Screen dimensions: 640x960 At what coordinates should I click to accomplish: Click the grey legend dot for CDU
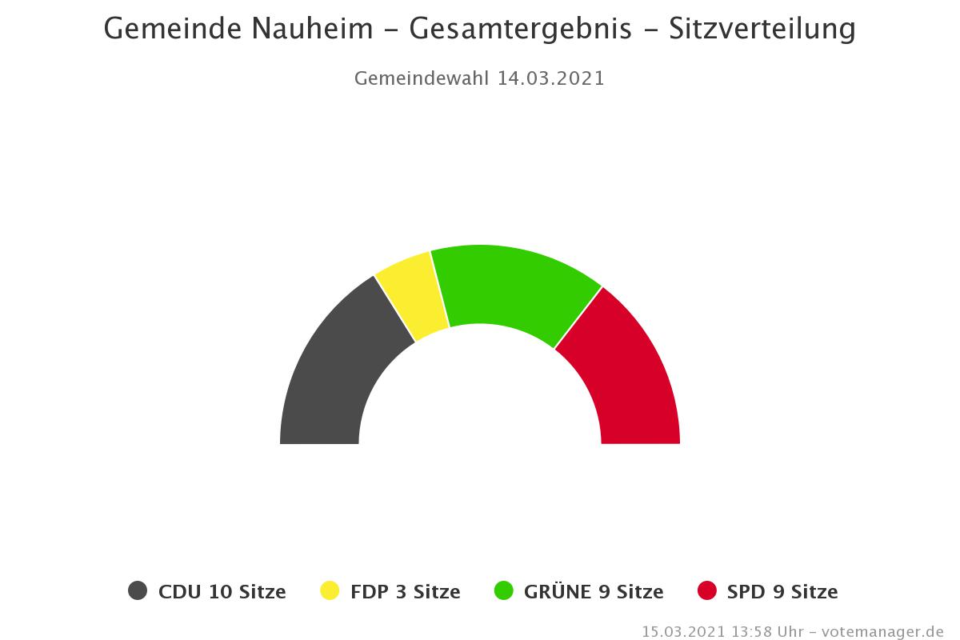[138, 591]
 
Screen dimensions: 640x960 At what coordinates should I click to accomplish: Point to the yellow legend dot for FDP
[330, 591]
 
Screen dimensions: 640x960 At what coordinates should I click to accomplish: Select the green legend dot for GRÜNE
[504, 591]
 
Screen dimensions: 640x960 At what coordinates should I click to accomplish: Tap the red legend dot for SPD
[707, 591]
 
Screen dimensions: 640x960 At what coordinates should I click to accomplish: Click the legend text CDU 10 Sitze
[222, 592]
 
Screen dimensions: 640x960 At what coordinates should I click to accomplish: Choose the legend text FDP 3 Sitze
[405, 592]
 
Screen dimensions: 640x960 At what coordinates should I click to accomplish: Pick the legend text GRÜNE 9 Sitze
[594, 592]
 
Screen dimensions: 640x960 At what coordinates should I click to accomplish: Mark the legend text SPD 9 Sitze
[782, 592]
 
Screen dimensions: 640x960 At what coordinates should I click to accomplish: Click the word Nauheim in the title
[313, 29]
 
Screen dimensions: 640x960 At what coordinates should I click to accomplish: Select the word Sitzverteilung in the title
[762, 29]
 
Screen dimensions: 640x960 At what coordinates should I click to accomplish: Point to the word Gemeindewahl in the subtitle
[422, 78]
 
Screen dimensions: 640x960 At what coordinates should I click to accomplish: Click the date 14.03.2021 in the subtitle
[550, 78]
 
